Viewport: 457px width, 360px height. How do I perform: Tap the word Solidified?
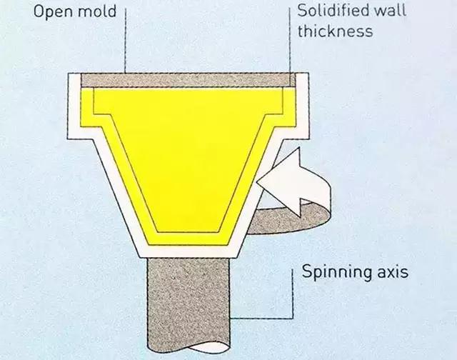(333, 12)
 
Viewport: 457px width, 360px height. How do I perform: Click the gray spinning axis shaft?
(186, 300)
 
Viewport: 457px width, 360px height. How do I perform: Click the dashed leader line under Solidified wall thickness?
(290, 43)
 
